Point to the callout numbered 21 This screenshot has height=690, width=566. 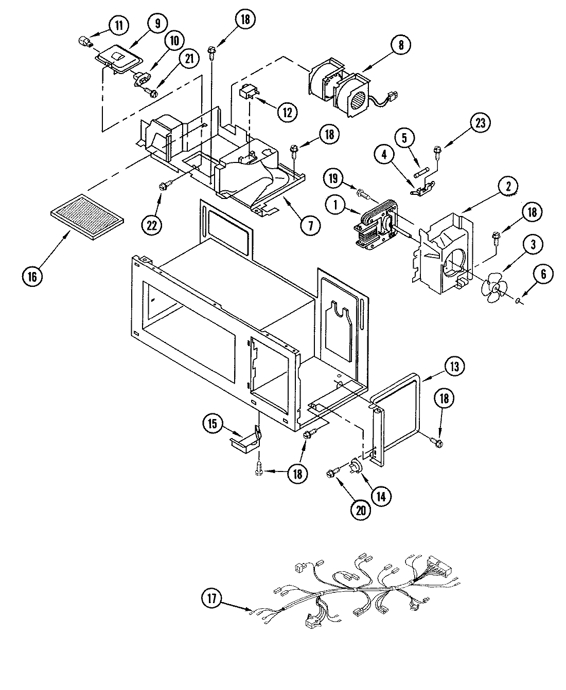pos(189,59)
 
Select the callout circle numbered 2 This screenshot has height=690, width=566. pos(507,188)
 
